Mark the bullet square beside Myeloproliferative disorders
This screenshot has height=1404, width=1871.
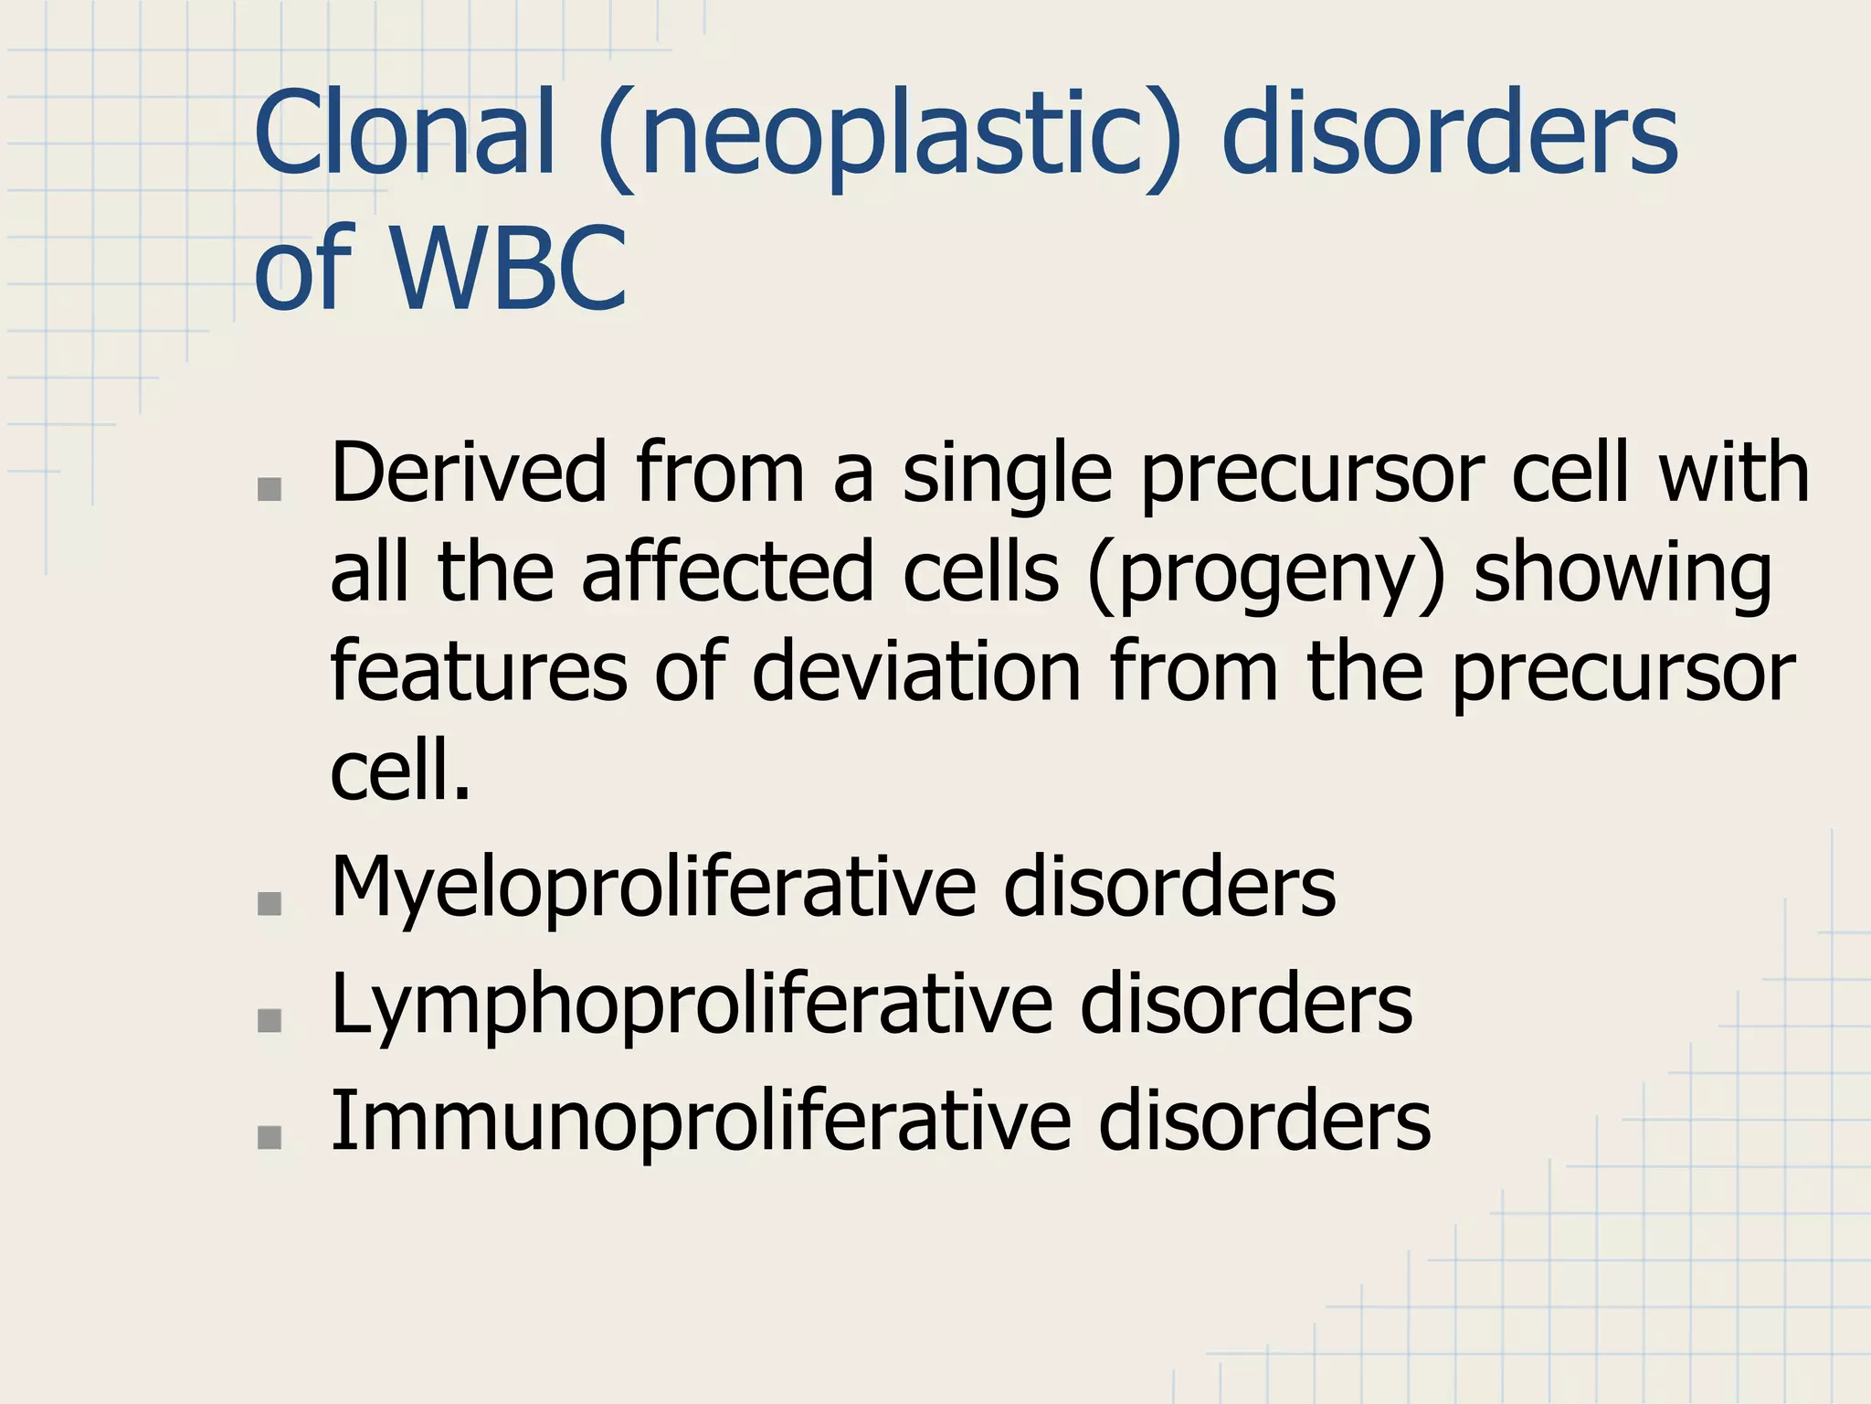coord(270,904)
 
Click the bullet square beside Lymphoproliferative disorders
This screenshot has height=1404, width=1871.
coord(270,1020)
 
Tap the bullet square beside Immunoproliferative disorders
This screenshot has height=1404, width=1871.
coord(270,1136)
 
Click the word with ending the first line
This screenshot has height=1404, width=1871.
coord(1734,473)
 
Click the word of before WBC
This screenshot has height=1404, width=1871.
coord(303,268)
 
